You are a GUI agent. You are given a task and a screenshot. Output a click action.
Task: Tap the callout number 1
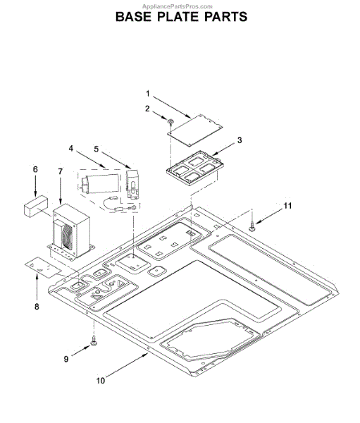[147, 94]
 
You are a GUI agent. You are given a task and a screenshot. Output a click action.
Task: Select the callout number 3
[240, 140]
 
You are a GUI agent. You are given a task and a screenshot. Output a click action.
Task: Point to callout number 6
[35, 169]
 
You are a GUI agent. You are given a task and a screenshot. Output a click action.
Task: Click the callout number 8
[37, 307]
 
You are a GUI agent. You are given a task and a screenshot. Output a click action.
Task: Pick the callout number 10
[100, 381]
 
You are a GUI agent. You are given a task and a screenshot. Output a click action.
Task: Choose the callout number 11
[287, 206]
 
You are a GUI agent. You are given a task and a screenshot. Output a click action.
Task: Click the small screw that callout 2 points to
[170, 122]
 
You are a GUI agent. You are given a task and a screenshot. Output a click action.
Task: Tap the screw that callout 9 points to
[94, 341]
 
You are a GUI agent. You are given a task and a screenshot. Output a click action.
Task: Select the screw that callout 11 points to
[252, 226]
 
